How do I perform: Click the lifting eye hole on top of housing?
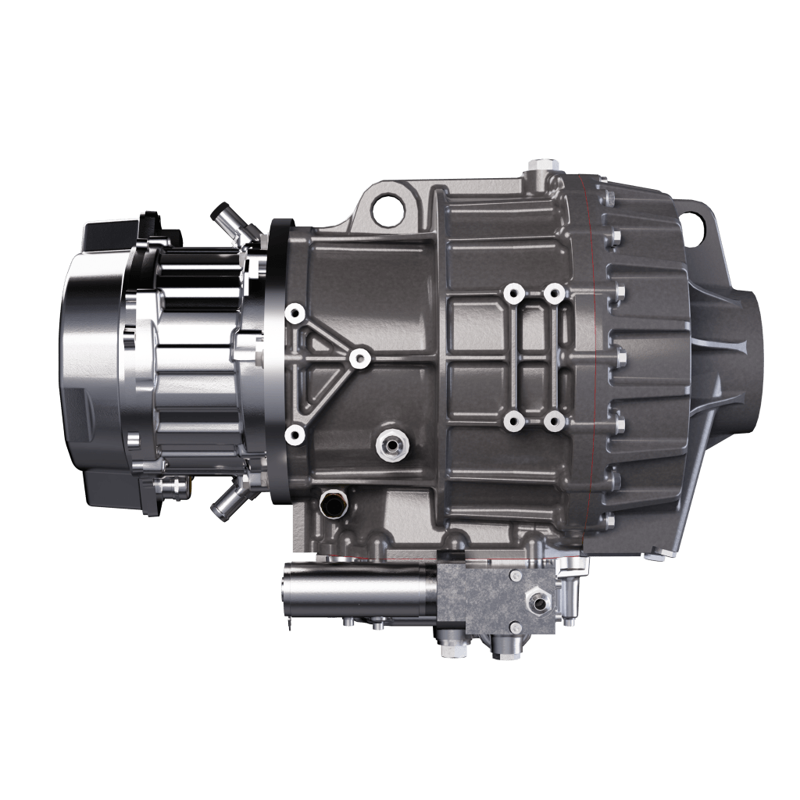385,209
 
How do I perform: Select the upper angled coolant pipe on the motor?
229,221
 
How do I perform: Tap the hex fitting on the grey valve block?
537,602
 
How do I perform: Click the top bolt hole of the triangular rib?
295,313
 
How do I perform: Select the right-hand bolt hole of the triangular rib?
359,358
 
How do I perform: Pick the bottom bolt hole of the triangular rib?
295,434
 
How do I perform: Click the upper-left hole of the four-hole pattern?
512,294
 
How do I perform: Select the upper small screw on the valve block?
516,577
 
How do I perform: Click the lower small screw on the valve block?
515,627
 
